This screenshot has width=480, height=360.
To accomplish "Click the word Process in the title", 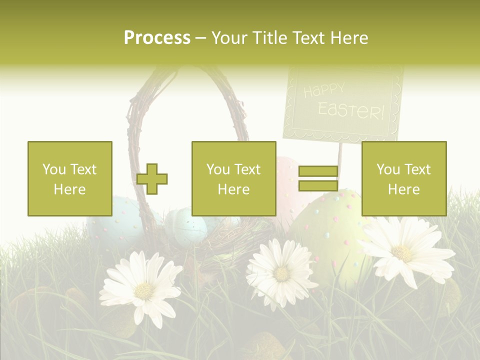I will click(157, 38).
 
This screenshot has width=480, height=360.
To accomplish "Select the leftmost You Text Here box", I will click(70, 178).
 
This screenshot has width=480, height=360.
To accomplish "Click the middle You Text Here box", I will click(234, 178).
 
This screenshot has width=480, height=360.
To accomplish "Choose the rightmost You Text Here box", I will click(404, 178).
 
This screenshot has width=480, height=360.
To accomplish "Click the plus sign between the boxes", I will click(152, 179).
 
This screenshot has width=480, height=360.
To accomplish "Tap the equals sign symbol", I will click(318, 178).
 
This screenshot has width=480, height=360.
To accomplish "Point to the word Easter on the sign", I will click(351, 110).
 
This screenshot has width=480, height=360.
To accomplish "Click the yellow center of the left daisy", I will click(144, 290).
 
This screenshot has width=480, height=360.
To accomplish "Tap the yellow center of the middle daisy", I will click(282, 273).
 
